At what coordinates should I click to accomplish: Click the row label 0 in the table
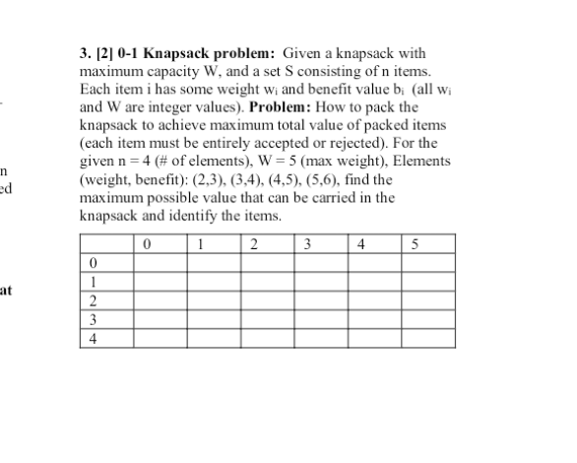[92, 263]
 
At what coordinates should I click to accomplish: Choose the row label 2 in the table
[92, 300]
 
